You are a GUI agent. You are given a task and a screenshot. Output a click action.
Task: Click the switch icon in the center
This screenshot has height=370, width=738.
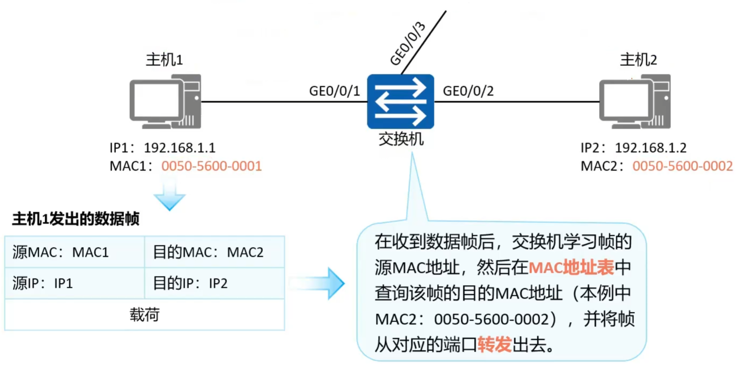[x=400, y=101]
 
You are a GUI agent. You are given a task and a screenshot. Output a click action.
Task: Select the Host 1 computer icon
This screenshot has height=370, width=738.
[x=165, y=102]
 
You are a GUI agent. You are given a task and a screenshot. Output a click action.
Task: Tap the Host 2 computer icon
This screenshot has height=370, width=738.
[x=635, y=102]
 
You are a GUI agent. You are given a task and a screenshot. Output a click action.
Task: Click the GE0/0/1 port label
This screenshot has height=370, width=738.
[x=334, y=91]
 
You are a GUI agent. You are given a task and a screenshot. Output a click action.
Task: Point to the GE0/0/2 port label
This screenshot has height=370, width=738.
[x=468, y=91]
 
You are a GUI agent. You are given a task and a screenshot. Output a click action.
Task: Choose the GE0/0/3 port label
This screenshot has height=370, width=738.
[x=408, y=44]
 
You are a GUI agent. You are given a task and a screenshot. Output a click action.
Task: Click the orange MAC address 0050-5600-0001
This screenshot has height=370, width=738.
[x=211, y=166]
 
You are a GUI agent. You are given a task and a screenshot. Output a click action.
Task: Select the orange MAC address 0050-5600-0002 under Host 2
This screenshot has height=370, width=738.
[x=682, y=166]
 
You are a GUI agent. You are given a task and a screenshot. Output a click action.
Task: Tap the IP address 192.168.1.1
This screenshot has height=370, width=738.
[x=180, y=148]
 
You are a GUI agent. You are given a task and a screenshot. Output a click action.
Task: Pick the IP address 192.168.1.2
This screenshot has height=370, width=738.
[x=650, y=148]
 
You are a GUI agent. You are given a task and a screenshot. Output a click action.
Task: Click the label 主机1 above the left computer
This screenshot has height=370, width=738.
[x=164, y=60]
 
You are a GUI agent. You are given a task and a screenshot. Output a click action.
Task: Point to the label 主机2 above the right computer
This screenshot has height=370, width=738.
[x=638, y=60]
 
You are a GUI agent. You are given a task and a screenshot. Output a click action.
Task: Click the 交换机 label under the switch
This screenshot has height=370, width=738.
[x=401, y=139]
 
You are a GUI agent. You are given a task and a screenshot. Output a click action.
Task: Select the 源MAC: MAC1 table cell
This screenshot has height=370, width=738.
[x=74, y=252]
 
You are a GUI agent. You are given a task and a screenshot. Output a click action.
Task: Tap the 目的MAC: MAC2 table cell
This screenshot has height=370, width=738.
[x=214, y=252]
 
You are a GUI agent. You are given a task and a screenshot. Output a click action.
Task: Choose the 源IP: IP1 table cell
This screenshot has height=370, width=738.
[x=74, y=283]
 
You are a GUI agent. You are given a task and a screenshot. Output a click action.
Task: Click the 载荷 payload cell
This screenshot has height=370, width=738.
[x=144, y=315]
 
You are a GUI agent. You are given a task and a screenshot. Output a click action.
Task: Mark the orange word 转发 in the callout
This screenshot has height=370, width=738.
[x=494, y=344]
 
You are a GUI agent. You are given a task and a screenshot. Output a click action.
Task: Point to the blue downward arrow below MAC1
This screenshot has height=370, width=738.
[x=170, y=194]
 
